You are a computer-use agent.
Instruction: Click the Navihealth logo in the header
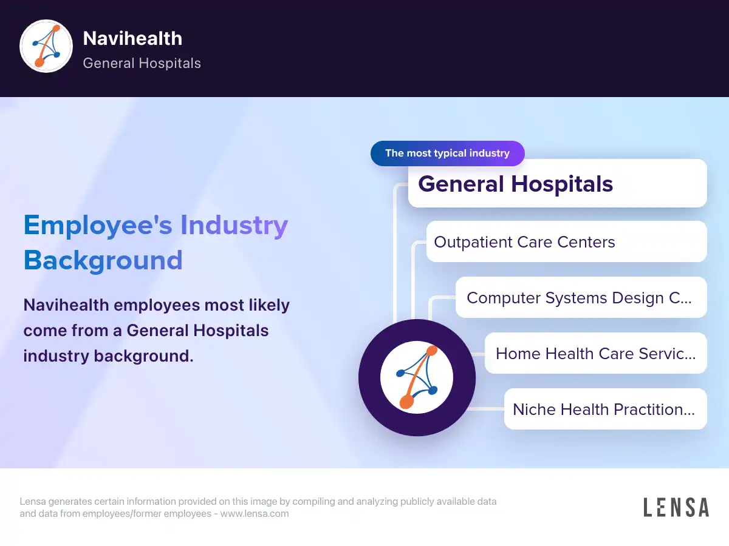(46, 46)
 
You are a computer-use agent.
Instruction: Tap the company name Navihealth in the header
(132, 38)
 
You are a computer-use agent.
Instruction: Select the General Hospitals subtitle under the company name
(142, 63)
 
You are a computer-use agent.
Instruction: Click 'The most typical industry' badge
(447, 153)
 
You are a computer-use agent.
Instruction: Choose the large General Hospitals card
(557, 183)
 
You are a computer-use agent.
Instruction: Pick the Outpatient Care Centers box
(566, 241)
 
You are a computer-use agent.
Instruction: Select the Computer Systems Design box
(581, 297)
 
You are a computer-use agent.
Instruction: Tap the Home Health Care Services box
(595, 353)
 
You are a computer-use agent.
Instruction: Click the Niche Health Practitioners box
(605, 409)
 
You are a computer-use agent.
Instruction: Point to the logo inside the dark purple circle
(417, 377)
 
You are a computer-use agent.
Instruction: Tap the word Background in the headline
(103, 261)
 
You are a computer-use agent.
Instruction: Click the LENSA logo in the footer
(676, 507)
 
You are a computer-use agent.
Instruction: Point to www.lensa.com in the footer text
(255, 513)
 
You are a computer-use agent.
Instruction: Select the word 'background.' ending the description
(143, 356)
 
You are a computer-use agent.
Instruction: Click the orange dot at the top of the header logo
(56, 29)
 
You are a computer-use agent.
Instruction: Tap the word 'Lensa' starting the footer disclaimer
(33, 501)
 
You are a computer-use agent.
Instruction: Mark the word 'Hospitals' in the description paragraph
(231, 331)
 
